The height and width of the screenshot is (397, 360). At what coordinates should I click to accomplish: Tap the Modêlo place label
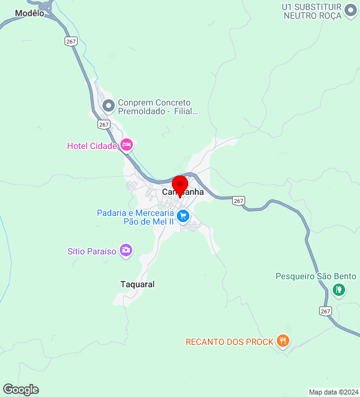pos(30,13)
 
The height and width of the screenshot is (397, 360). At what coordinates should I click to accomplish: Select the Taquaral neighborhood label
pos(137,284)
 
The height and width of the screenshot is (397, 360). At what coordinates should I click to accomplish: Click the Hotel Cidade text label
pos(92,146)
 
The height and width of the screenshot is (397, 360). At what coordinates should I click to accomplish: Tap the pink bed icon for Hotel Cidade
pos(127,145)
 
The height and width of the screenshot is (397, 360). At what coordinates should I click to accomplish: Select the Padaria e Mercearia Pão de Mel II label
pos(134,217)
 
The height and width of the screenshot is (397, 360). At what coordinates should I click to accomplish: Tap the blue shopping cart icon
pos(182,216)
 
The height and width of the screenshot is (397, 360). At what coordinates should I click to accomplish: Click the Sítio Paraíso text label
pos(92,251)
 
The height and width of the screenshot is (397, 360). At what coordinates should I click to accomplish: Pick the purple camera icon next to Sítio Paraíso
pos(127,251)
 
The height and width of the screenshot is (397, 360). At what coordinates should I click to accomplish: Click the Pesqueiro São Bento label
pos(316,276)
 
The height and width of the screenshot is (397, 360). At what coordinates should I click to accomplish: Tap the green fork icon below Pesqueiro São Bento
pos(338,289)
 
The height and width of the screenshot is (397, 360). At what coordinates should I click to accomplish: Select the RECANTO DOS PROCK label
pos(229,342)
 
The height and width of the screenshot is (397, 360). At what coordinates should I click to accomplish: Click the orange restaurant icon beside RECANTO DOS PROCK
pos(283,340)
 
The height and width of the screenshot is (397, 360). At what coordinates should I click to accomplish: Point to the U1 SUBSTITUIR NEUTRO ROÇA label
pos(312,11)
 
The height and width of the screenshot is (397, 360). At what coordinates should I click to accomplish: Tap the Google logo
pos(20,390)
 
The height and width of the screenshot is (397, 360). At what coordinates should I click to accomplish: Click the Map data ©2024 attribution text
pos(333,392)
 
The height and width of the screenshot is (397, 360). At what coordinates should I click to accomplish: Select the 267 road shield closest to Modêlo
pos(70,41)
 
